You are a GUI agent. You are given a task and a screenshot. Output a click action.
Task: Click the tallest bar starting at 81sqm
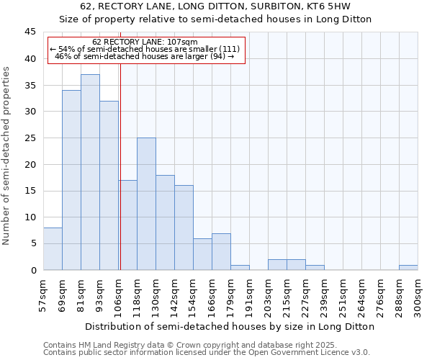(x=90, y=172)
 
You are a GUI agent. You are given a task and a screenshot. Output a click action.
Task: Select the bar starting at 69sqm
(x=71, y=180)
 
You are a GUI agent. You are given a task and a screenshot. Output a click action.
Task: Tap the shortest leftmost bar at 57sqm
(x=53, y=249)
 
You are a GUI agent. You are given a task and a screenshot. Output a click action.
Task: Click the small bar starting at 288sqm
(x=408, y=268)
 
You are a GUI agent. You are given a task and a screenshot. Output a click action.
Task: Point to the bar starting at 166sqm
(x=221, y=252)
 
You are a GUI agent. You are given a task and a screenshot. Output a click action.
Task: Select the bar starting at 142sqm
(x=184, y=228)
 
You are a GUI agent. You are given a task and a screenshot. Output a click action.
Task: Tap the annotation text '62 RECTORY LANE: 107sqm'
(x=145, y=42)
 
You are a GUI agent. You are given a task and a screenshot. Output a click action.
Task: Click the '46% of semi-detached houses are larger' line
(x=145, y=56)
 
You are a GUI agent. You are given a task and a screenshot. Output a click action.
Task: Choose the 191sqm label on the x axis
(x=250, y=295)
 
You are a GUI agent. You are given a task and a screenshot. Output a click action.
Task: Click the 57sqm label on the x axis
(x=44, y=295)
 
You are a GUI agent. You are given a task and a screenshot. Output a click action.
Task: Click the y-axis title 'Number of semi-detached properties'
(x=7, y=155)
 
